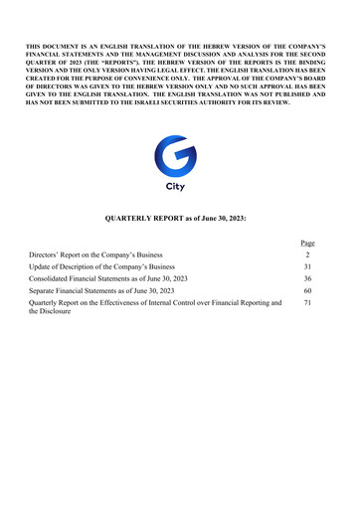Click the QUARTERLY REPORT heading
[x=179, y=216]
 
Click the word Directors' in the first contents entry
[x=46, y=255]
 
